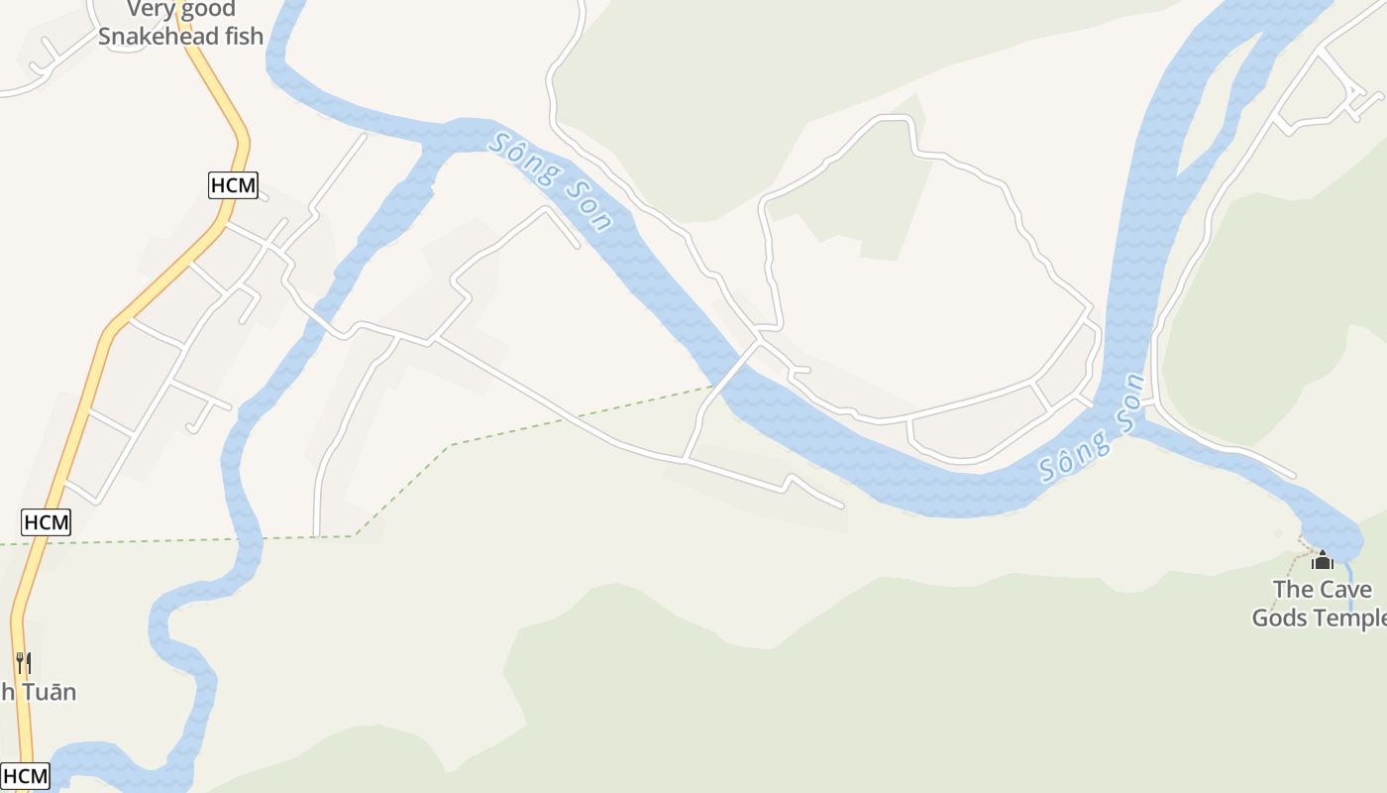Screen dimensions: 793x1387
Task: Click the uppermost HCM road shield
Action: pos(234,185)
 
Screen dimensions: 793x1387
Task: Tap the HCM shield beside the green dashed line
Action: pos(47,522)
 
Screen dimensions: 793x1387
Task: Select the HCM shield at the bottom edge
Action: pos(25,776)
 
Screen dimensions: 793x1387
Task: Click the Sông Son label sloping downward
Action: pos(551,182)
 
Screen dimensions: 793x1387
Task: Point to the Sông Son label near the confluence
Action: pos(1091,430)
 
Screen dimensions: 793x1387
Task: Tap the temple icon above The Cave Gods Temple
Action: pos(1322,560)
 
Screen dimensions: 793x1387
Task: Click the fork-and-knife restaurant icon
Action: pos(24,662)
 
